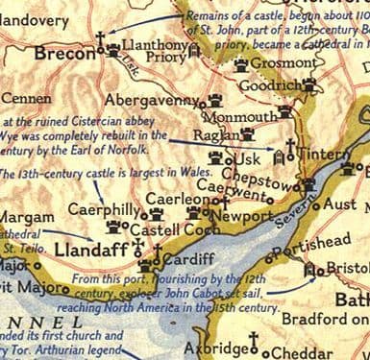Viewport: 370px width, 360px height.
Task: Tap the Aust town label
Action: (340, 204)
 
